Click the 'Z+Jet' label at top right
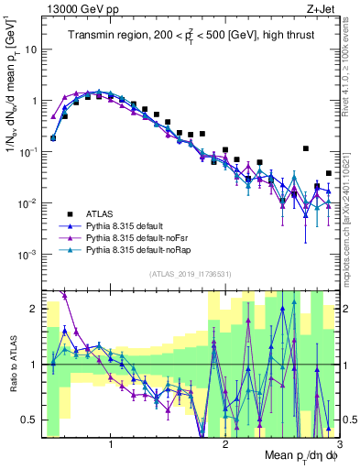322,8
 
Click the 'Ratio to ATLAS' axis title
11,365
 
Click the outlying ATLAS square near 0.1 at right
306,148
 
